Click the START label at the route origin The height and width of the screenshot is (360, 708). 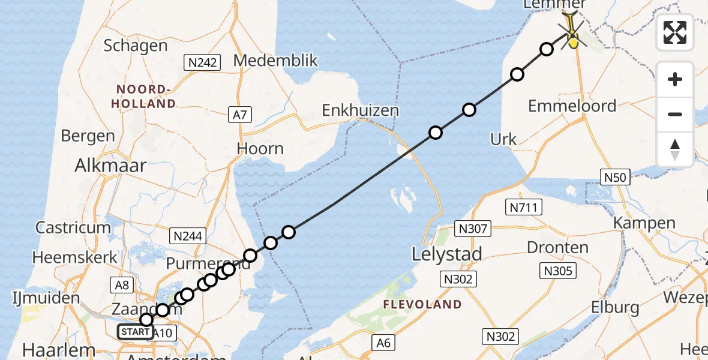tap(135, 332)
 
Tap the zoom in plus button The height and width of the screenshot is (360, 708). tap(675, 80)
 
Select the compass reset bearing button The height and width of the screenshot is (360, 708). tap(675, 149)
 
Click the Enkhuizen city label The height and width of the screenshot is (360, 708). tap(360, 110)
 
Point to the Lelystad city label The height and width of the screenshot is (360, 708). tap(447, 254)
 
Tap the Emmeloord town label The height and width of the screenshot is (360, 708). tap(572, 106)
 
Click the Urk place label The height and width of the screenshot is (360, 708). tap(503, 139)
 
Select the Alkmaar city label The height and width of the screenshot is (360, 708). tap(110, 166)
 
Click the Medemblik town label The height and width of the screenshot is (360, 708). tap(275, 61)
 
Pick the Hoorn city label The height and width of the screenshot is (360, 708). tap(260, 148)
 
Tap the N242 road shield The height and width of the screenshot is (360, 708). tap(203, 62)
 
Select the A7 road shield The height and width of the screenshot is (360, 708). tap(239, 114)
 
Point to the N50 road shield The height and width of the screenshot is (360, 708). tap(614, 176)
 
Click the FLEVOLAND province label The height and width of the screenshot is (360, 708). tap(422, 305)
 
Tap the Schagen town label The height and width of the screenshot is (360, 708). tap(136, 46)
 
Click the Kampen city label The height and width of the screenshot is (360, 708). tap(644, 223)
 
